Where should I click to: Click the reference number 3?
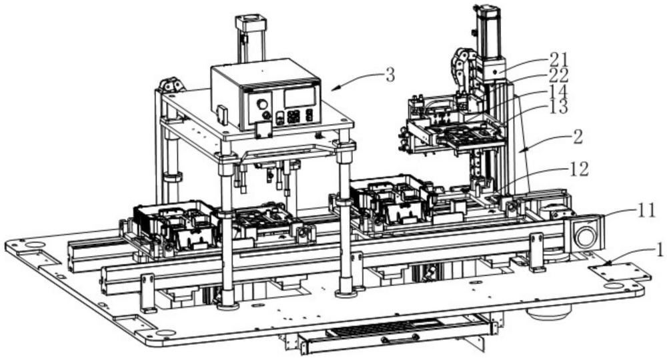[x=390, y=75]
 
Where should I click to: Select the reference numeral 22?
[x=559, y=75]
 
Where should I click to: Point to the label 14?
[x=558, y=91]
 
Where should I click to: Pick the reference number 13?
[x=558, y=107]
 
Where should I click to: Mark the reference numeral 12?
[x=579, y=169]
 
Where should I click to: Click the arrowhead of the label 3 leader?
[x=333, y=89]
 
